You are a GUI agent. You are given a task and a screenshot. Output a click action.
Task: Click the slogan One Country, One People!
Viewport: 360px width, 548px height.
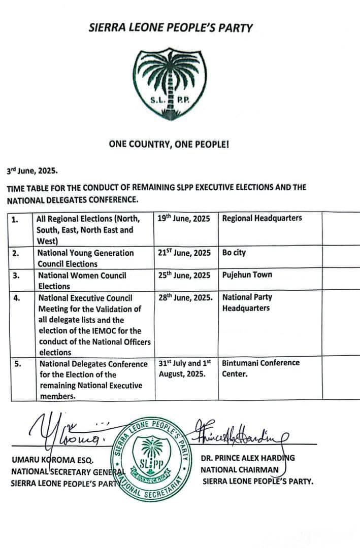pyautogui.click(x=169, y=145)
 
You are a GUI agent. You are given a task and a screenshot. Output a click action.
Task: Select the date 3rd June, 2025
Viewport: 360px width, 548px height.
pyautogui.click(x=32, y=172)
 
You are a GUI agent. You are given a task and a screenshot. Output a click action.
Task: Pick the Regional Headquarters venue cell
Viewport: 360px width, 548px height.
pyautogui.click(x=262, y=218)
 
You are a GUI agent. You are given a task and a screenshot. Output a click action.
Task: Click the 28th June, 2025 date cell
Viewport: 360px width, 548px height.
pyautogui.click(x=185, y=298)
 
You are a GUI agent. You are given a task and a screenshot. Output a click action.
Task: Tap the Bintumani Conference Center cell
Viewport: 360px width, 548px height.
pyautogui.click(x=261, y=368)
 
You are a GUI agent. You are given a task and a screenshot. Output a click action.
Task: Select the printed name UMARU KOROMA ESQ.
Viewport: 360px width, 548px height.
pyautogui.click(x=53, y=461)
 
